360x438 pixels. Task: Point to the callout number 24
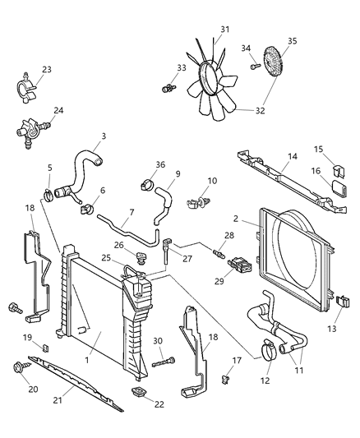point(58,109)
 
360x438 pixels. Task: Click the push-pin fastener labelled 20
point(20,367)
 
